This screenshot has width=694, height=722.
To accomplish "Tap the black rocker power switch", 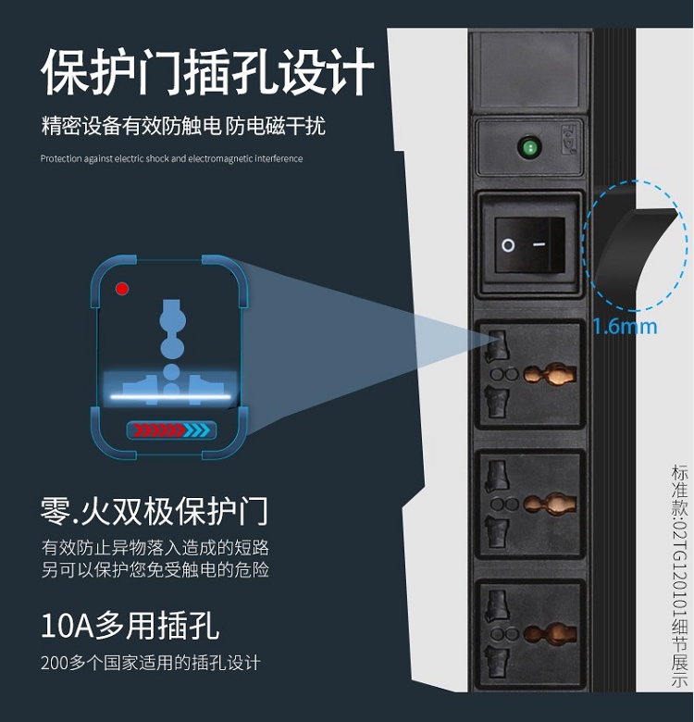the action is coord(529,244).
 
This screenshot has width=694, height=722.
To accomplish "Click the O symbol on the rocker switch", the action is coord(508,245).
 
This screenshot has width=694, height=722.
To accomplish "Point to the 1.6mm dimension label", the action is coord(625,327).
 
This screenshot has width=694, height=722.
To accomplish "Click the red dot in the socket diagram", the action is coord(122,289).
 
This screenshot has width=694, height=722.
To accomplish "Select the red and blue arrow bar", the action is coord(171,430).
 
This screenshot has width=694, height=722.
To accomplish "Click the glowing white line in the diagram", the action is coord(170,396).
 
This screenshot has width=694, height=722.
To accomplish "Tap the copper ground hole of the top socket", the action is coord(550,374).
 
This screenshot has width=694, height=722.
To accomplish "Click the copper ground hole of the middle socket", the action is coord(550,504).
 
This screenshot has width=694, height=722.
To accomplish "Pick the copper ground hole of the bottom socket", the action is coord(550,634).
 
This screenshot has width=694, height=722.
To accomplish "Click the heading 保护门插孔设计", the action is coord(207,71).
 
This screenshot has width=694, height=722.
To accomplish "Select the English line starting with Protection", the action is coord(171,159).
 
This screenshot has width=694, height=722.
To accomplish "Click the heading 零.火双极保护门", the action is coord(155,511).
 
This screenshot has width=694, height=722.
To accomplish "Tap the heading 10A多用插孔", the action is coord(130,626).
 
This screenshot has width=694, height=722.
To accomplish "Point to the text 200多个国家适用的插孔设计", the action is coord(151,663).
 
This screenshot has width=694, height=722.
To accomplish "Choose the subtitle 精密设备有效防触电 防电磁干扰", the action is coord(183,126).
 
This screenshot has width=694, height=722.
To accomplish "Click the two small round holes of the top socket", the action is coord(504,374).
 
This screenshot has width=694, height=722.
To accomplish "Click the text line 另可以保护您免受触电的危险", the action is coord(155,569).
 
